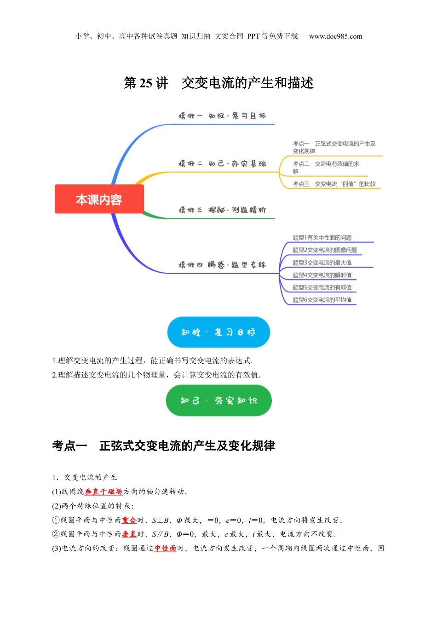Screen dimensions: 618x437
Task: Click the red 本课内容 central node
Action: pos(99,199)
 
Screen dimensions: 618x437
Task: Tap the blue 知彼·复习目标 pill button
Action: pos(218,332)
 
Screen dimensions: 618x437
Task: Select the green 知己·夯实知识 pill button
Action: pos(218,401)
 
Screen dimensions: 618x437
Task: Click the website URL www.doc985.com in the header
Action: pos(335,36)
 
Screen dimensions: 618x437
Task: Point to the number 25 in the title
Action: pos(145,83)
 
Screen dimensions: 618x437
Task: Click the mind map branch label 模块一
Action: pos(190,116)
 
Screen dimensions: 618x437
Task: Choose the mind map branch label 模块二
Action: pos(190,164)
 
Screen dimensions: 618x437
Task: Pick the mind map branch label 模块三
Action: pos(190,210)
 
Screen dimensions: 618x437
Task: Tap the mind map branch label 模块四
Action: pos(190,265)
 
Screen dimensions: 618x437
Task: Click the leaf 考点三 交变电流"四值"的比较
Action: pos(334,184)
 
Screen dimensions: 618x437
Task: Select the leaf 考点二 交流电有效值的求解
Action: pos(326,167)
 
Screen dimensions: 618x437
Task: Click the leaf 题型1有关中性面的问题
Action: pos(322,238)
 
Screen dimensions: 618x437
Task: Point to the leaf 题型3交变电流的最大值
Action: pos(322,263)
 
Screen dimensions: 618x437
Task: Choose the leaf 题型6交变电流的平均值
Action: pos(322,300)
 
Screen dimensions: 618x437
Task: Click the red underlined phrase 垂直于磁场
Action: pos(103,492)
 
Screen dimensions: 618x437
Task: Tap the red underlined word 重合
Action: pos(129,520)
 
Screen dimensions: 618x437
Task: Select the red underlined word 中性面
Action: pos(165,548)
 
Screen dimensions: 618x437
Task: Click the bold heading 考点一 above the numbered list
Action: pos(69,446)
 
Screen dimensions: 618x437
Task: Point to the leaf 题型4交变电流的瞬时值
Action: pos(322,275)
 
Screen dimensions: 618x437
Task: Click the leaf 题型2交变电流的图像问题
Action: pos(325,250)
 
